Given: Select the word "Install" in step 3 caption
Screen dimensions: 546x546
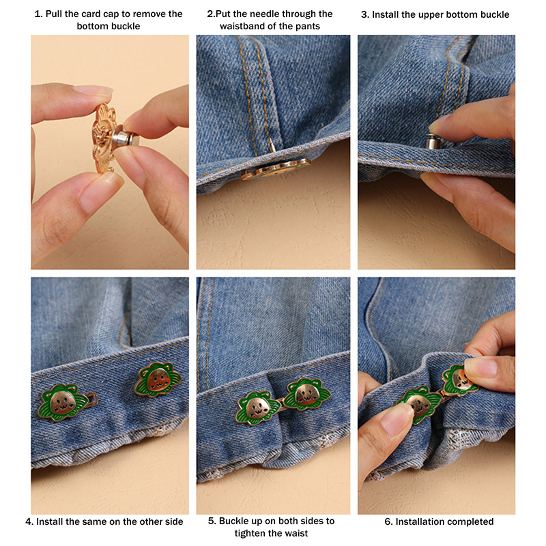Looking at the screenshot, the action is pos(385,14).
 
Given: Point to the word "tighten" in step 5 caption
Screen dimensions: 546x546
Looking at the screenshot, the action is pos(248,533).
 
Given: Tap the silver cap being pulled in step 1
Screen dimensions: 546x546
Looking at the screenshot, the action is pos(127,139).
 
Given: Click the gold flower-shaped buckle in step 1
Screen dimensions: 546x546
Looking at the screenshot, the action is pos(104,139).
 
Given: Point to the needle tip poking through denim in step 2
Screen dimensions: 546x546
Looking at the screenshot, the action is pos(272,144).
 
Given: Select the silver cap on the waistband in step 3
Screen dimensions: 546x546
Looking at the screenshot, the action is pos(432,141).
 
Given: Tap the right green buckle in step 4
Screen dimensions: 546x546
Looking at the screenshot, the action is pos(158,380).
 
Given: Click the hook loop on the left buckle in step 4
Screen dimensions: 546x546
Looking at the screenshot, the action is pos(89,397).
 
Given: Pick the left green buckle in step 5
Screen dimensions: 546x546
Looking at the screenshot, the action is pos(258,407).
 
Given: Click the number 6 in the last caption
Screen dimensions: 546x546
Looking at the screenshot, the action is pos(388,521).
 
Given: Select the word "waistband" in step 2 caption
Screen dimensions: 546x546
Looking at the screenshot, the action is pos(244,26).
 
